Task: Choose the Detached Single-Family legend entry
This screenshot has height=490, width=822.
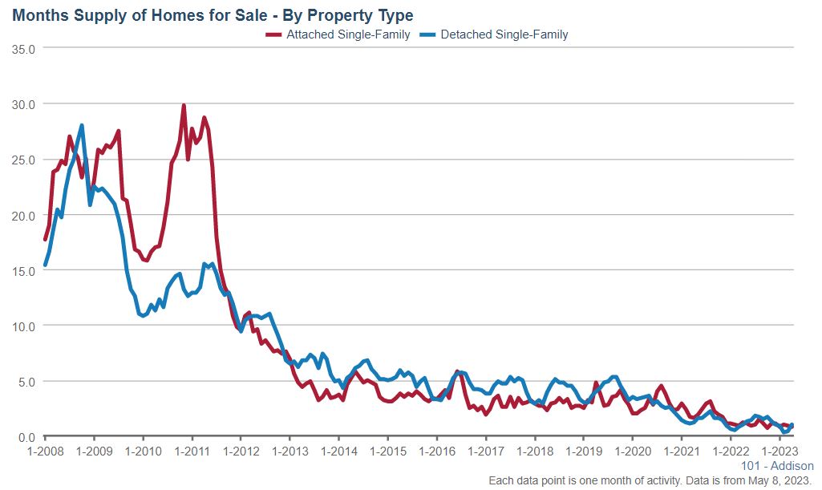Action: point(504,34)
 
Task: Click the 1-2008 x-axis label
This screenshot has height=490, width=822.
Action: point(45,452)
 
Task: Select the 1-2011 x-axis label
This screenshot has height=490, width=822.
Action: point(192,452)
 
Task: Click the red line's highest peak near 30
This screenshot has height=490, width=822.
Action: point(184,106)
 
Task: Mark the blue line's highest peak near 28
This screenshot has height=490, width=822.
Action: point(82,126)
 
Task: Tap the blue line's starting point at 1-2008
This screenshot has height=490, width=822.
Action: point(45,265)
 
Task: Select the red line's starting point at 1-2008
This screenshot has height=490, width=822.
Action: point(45,239)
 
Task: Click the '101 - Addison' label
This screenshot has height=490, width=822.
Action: point(778,466)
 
